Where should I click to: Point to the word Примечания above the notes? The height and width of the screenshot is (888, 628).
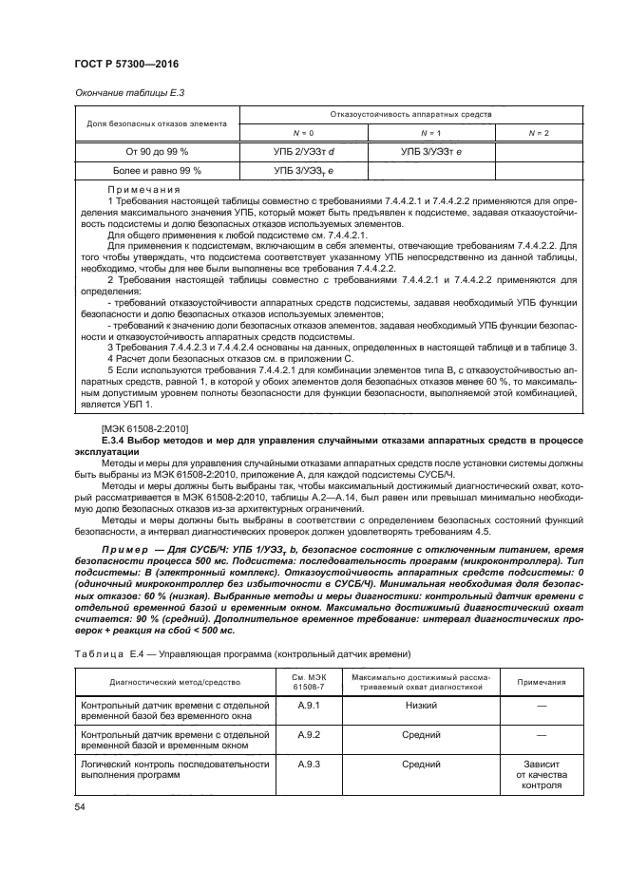[143, 191]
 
